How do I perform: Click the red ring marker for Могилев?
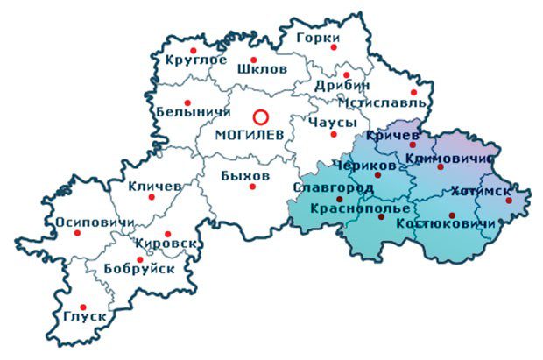click(260, 116)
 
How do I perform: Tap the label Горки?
click(317, 39)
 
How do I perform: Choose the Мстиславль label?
click(391, 102)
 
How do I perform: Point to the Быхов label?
click(244, 173)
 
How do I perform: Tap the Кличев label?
click(154, 187)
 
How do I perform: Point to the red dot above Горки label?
click(333, 49)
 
